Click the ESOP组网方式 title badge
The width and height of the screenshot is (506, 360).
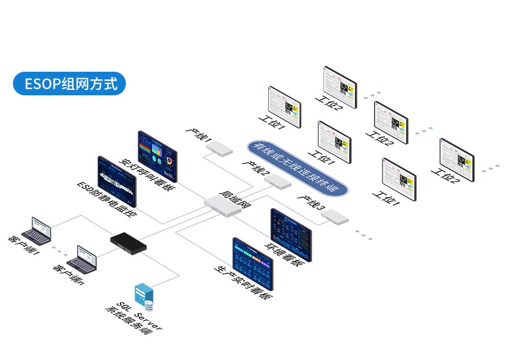[69, 84]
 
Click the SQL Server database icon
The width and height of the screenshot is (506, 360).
[144, 297]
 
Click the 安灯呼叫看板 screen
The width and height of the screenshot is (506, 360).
[156, 155]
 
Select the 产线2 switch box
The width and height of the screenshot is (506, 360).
[277, 182]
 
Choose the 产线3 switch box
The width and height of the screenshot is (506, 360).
[334, 216]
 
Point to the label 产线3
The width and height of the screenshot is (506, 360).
[311, 203]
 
